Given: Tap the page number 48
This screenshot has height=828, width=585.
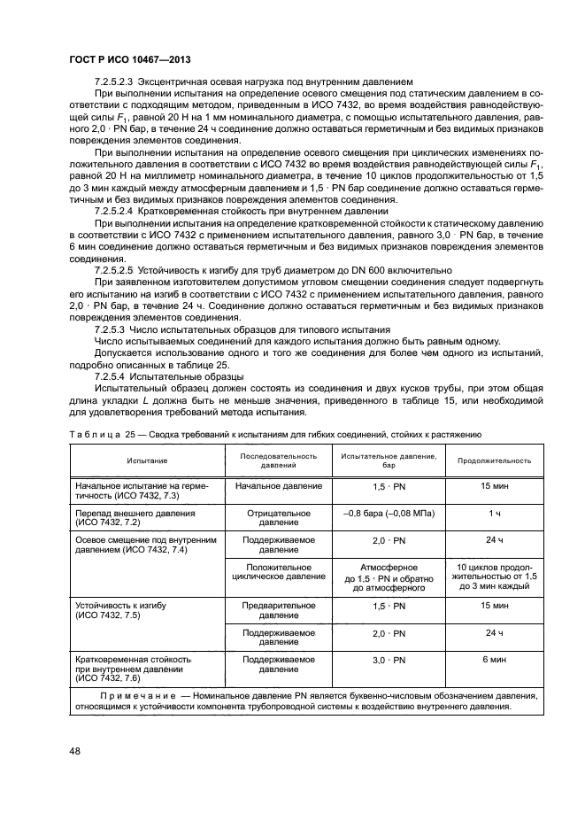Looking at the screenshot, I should pos(76,751).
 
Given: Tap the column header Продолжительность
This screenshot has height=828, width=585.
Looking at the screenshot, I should pos(494,460).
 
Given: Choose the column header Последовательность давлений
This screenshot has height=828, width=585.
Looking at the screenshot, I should pos(278,460).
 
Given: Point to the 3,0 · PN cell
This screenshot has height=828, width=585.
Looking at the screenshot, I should pos(387,661).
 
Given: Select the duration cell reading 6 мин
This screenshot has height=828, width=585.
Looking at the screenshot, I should pos(494,661).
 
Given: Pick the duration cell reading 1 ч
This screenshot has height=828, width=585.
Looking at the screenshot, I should pos(494,513).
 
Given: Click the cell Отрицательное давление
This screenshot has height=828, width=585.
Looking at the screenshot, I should pos(278,517).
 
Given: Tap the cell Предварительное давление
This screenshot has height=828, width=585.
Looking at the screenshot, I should pos(278,610).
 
